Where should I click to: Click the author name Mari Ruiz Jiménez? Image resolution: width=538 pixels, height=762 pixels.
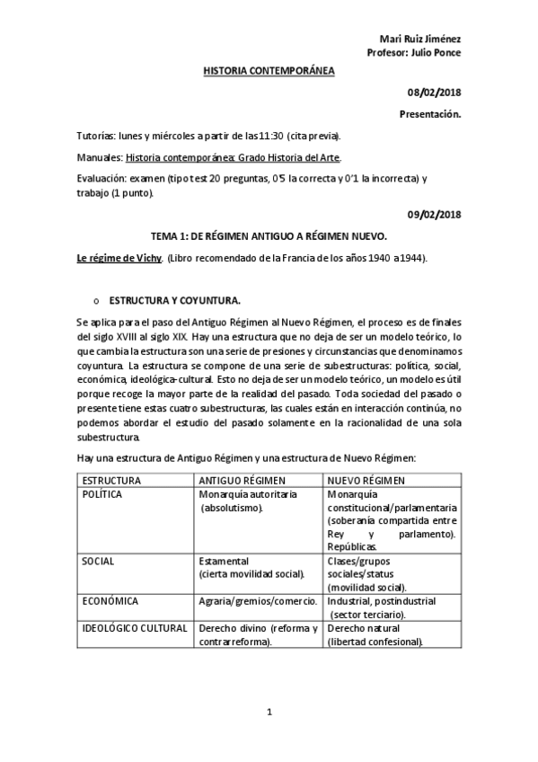(x=420, y=39)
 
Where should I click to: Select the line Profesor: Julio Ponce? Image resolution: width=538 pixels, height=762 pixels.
(x=415, y=52)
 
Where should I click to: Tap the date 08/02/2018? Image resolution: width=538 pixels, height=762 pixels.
(x=435, y=94)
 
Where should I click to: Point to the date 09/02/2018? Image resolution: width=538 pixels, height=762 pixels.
(x=435, y=214)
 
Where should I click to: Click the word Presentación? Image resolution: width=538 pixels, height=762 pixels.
(x=429, y=115)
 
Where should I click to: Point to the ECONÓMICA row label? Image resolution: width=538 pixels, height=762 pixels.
(x=107, y=600)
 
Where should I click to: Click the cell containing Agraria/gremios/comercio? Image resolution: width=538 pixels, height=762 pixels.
(x=258, y=600)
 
